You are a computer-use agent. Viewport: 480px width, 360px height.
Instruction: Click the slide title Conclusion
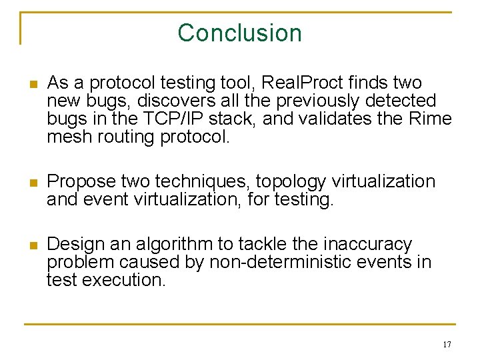pyautogui.click(x=240, y=33)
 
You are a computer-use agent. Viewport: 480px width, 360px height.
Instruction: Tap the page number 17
pyautogui.click(x=446, y=345)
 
